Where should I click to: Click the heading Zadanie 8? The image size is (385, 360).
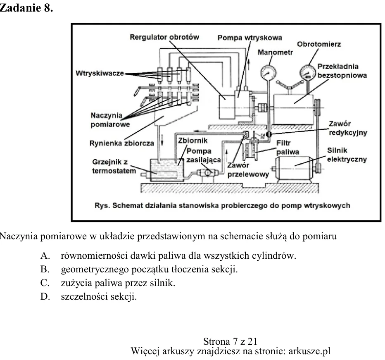tap(26, 8)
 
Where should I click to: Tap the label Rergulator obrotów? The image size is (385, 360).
tap(164, 37)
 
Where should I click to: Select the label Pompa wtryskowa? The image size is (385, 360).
tap(250, 38)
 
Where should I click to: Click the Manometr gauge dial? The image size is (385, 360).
tap(268, 73)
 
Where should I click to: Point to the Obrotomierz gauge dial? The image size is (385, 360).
tap(308, 72)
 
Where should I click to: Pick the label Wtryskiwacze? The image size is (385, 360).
tap(100, 73)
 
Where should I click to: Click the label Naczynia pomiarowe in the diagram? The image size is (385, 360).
tap(110, 120)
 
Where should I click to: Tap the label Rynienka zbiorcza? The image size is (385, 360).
tap(121, 143)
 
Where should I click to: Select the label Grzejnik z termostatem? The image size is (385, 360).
tap(114, 167)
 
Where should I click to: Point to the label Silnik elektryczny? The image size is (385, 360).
tap(347, 155)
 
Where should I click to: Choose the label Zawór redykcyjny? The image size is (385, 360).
tap(348, 128)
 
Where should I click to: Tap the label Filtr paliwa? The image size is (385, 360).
tap(288, 148)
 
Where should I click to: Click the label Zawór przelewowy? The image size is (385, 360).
tap(248, 170)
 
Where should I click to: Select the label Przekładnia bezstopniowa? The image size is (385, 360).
tap(342, 71)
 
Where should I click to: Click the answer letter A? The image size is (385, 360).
tap(45, 256)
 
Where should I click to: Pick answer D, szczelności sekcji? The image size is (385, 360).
tap(89, 296)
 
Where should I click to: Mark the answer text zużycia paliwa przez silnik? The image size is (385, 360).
tap(118, 283)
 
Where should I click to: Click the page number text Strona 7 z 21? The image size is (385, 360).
tap(231, 341)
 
